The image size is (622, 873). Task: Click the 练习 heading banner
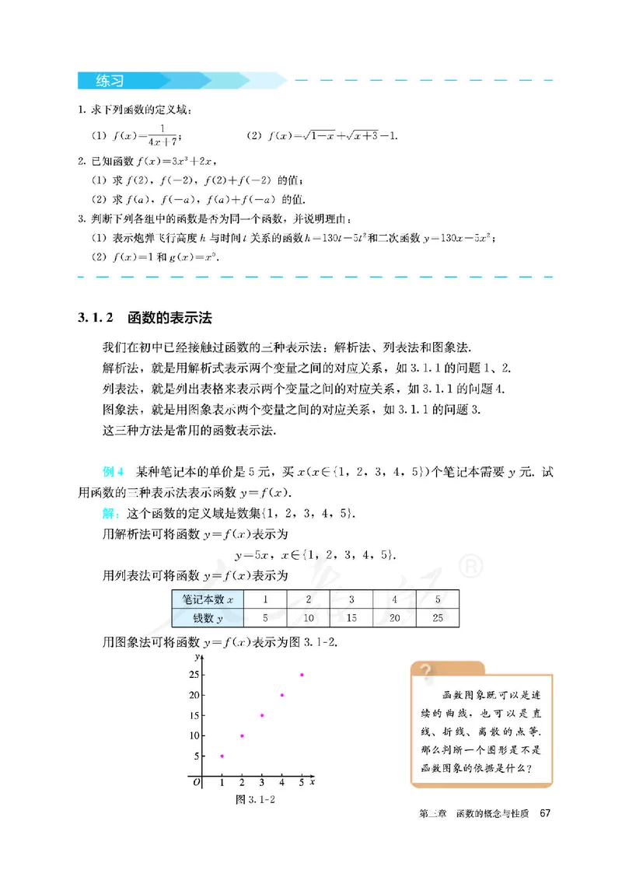111,80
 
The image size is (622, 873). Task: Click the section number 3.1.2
96,317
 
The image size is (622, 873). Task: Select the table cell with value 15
351,618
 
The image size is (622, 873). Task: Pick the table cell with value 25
437,618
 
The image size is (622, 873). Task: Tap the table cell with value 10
309,618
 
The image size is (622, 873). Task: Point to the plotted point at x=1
222,756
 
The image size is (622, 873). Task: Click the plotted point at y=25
302,675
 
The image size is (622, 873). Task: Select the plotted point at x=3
262,715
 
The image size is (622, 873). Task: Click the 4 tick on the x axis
281,782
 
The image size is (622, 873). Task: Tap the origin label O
197,782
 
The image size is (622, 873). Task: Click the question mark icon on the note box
425,671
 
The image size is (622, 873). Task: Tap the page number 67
544,813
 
